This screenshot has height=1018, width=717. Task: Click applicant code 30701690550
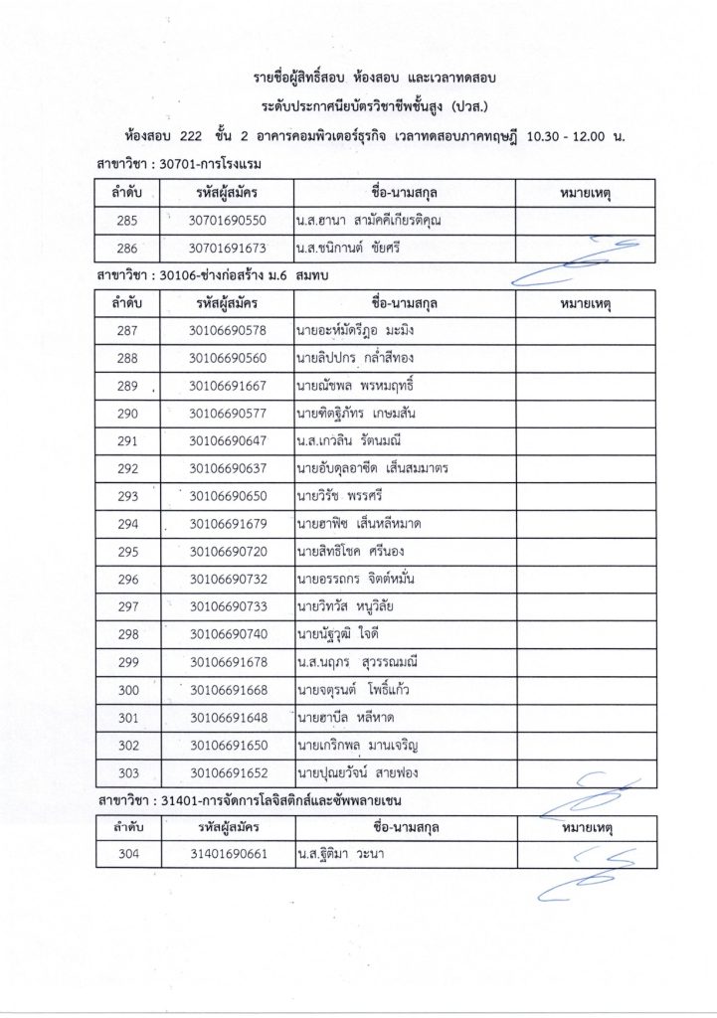(x=228, y=220)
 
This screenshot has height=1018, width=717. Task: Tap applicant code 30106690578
(x=228, y=330)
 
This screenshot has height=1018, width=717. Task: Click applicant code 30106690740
(x=228, y=633)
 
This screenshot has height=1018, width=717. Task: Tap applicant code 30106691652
(x=228, y=770)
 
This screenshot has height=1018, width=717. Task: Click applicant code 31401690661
(x=228, y=853)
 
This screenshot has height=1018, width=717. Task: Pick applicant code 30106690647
(x=228, y=440)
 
